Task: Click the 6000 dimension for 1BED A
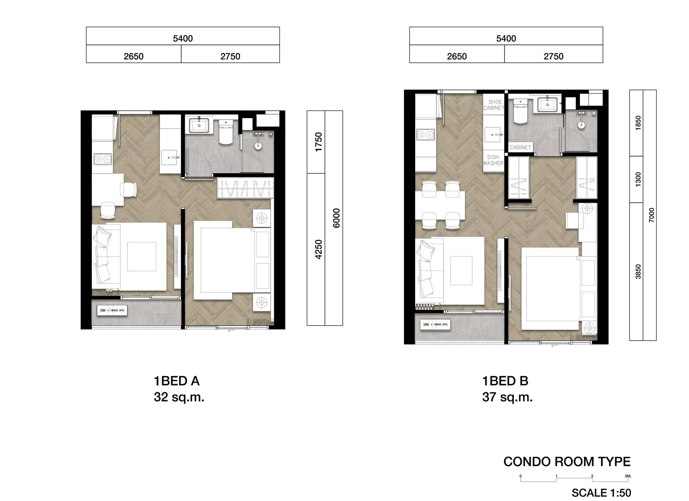point(336,218)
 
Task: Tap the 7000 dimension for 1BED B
point(652,215)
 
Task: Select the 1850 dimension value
point(638,123)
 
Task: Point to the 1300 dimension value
point(638,179)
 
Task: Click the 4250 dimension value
point(318,249)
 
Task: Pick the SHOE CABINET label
point(494,105)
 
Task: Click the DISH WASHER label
point(493,160)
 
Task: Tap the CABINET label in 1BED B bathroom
point(520,148)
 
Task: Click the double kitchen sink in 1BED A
point(102,159)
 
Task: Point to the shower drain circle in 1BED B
point(581,126)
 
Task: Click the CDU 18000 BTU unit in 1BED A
point(112,310)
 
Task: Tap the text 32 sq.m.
point(179,397)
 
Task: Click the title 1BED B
point(505,381)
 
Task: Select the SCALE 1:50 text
point(601,493)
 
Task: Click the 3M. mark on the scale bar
point(628,476)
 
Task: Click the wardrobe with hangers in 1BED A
point(245,188)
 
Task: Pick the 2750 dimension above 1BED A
point(230,56)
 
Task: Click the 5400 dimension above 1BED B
point(506,38)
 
